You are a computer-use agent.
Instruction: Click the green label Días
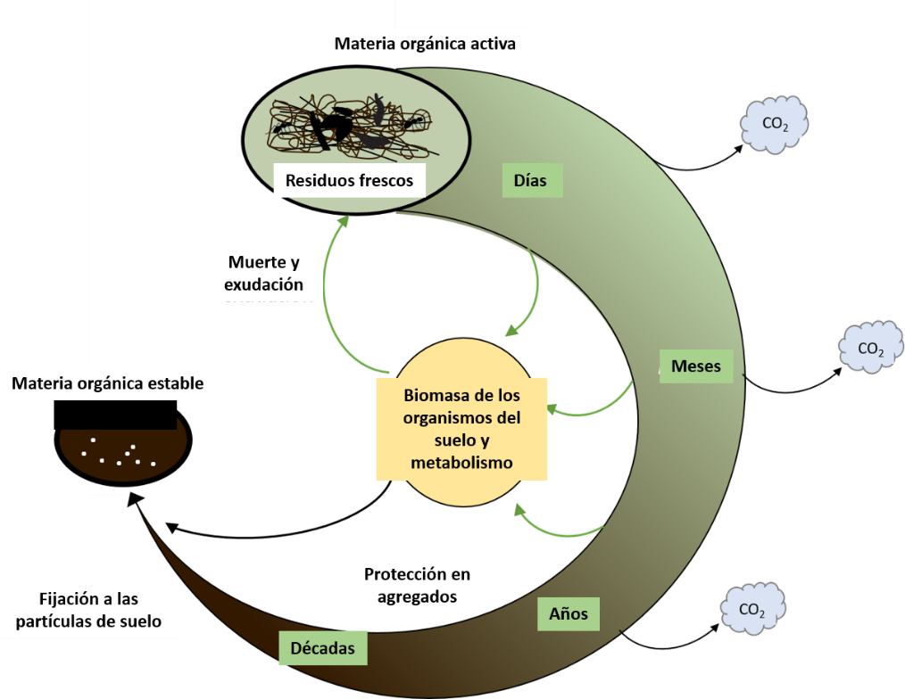pos(530,180)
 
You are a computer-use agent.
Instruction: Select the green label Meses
pos(695,366)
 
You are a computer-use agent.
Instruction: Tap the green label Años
pos(569,613)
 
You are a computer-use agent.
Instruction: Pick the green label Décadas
pos(322,648)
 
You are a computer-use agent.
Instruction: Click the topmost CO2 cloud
pos(774,124)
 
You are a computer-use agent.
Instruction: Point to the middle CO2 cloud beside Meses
pos(870,348)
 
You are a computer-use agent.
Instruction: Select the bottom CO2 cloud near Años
pos(752,609)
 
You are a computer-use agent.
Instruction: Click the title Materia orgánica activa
pos(425,44)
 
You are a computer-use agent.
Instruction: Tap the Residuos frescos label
pos(349,180)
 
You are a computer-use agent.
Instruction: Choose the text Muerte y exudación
pos(265,274)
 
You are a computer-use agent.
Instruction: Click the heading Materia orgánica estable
pos(107,383)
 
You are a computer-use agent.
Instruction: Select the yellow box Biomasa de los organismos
pos(461,428)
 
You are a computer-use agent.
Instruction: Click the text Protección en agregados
pos(417,585)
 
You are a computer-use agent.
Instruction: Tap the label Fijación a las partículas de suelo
pos(88,611)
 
